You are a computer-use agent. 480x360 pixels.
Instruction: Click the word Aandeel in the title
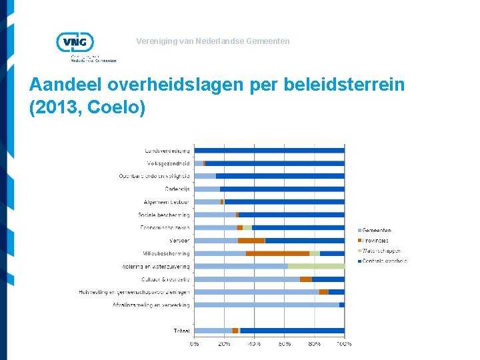(64, 85)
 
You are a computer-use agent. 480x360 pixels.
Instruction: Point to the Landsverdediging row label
(167, 151)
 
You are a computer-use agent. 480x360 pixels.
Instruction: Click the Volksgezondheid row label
(169, 163)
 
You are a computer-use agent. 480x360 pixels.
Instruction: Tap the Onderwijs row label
(177, 189)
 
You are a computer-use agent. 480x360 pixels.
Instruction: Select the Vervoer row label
(179, 240)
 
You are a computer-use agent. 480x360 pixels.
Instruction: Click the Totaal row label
(181, 331)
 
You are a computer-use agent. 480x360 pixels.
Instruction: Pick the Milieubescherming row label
(166, 253)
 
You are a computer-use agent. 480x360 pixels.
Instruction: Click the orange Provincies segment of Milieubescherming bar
(277, 253)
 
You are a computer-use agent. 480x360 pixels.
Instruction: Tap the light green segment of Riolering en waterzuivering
(316, 266)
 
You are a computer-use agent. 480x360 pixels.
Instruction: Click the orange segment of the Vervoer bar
(251, 240)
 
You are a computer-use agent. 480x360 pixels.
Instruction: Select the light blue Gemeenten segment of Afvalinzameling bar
(267, 305)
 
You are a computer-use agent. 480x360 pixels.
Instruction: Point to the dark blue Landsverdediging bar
(269, 151)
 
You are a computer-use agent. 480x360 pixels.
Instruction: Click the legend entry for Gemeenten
(377, 231)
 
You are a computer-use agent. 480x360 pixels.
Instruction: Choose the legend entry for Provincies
(377, 241)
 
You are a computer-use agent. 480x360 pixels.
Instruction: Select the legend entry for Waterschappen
(381, 251)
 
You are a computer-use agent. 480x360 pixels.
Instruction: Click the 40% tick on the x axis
(255, 344)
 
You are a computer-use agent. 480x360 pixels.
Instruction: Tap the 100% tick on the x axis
(344, 344)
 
